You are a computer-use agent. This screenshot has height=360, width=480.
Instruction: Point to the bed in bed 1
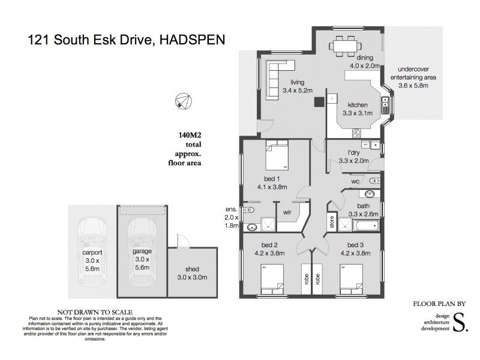click(x=277, y=154)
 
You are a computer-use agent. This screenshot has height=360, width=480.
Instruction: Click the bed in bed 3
click(x=352, y=279)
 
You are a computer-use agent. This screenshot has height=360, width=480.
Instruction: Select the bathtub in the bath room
click(x=365, y=226)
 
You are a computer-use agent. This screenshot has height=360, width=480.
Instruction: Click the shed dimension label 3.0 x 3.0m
click(x=191, y=277)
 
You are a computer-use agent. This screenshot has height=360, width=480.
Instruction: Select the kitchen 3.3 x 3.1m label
click(x=357, y=109)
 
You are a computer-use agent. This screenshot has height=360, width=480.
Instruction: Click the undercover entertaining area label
click(x=413, y=77)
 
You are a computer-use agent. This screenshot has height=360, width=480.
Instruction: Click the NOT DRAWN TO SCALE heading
click(x=82, y=312)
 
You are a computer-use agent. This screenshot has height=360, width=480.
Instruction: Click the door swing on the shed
click(x=181, y=241)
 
